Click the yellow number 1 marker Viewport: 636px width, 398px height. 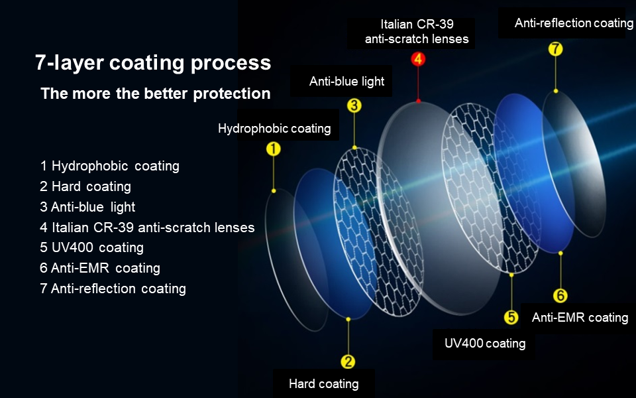click(x=274, y=149)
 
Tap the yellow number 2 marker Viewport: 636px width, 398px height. click(x=348, y=362)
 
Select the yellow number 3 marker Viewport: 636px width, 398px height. click(x=354, y=105)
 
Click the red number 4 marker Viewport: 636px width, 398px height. click(x=418, y=59)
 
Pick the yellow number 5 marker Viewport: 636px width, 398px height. click(x=511, y=317)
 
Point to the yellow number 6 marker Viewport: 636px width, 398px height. click(x=560, y=295)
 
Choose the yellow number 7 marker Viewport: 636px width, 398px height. click(x=555, y=48)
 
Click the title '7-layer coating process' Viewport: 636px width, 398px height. click(x=153, y=63)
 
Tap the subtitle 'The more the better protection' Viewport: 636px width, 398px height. click(x=155, y=94)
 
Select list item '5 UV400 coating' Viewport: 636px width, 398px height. click(x=91, y=247)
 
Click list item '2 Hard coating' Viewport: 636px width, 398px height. click(x=85, y=186)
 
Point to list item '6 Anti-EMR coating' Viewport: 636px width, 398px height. click(x=100, y=268)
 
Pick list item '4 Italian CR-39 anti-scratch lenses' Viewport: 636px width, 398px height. click(x=147, y=227)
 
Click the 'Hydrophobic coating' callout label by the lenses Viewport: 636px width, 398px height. click(x=274, y=128)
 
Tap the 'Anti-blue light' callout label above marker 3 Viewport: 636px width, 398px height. click(x=346, y=81)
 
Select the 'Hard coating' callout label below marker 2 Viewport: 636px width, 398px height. click(x=324, y=384)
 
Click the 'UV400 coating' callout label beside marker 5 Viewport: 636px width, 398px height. click(x=485, y=343)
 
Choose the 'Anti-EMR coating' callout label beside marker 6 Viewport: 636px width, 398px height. click(x=580, y=317)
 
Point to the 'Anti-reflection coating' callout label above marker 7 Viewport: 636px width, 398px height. click(x=574, y=23)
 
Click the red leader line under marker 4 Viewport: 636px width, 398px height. click(x=418, y=84)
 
